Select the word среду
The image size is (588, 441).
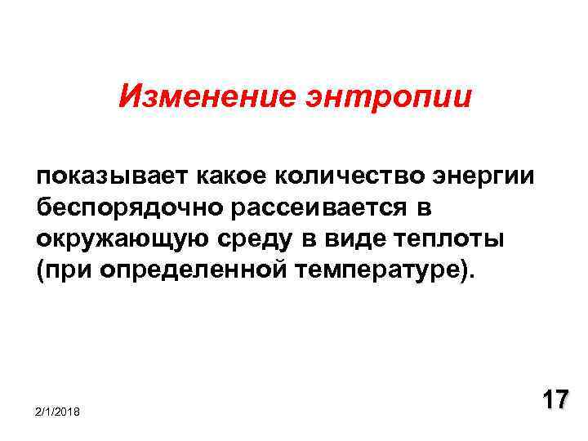[x=260, y=241]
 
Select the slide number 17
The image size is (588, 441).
[x=555, y=401]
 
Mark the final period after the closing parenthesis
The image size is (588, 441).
[x=470, y=277]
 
